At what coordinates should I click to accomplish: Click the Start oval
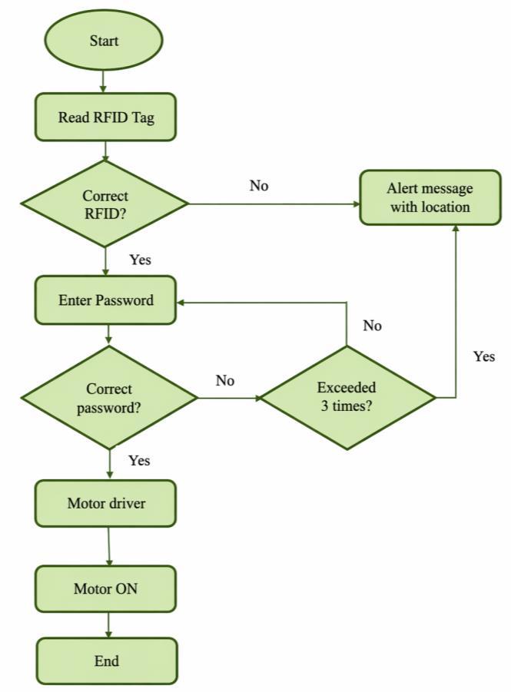point(103,40)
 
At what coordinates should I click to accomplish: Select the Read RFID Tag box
point(105,117)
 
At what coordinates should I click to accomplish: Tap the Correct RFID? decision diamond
point(105,204)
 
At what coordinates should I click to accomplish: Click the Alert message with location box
point(430,197)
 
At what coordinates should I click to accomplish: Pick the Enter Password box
point(105,300)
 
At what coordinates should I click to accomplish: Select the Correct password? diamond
point(109,398)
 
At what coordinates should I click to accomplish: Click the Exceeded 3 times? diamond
point(347,397)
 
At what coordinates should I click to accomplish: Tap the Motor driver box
point(105,503)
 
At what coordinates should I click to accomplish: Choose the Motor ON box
point(105,589)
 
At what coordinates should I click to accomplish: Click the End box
point(107,661)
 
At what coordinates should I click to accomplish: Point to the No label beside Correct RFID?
point(259,185)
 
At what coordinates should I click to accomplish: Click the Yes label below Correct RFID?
point(140,260)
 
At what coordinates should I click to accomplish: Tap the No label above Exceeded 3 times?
point(373,326)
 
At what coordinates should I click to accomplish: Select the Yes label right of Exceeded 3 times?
point(484,356)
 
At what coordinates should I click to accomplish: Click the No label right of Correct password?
point(225,380)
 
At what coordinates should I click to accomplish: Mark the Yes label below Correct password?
point(139,460)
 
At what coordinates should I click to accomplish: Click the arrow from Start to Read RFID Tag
point(103,81)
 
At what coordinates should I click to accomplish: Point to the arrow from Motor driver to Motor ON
point(108,546)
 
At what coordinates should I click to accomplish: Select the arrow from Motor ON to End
point(108,625)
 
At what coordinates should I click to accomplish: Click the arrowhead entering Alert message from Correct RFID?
point(357,204)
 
